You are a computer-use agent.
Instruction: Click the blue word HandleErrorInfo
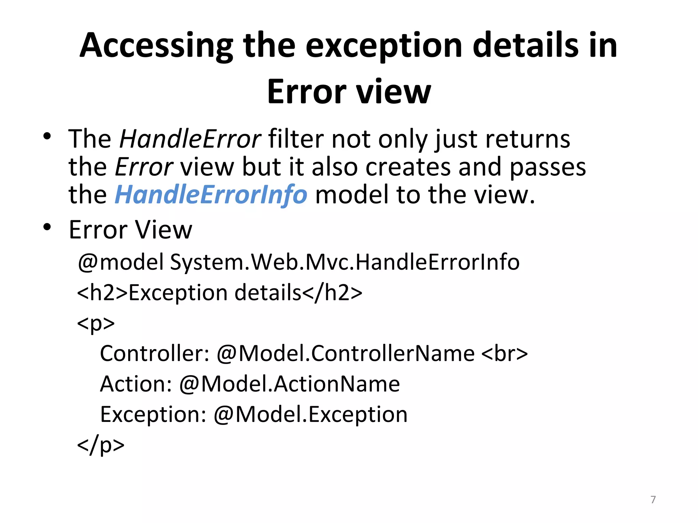pyautogui.click(x=211, y=195)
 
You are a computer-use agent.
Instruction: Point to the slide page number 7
pyautogui.click(x=653, y=500)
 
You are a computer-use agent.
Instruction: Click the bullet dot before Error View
pyautogui.click(x=47, y=227)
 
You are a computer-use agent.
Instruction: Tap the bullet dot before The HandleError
pyautogui.click(x=47, y=137)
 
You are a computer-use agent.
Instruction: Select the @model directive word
pyautogui.click(x=121, y=263)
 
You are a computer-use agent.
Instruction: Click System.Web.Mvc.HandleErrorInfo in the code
pyautogui.click(x=345, y=263)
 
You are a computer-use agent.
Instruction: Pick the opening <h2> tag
pyautogui.click(x=102, y=293)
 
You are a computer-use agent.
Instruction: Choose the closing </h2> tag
pyautogui.click(x=332, y=293)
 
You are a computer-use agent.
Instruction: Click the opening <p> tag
pyautogui.click(x=96, y=323)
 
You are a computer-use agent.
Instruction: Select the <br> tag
pyautogui.click(x=504, y=354)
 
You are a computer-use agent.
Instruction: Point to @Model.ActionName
pyautogui.click(x=289, y=384)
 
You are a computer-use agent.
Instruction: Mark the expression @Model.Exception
pyautogui.click(x=310, y=415)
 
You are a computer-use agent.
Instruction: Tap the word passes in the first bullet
pyautogui.click(x=548, y=168)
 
